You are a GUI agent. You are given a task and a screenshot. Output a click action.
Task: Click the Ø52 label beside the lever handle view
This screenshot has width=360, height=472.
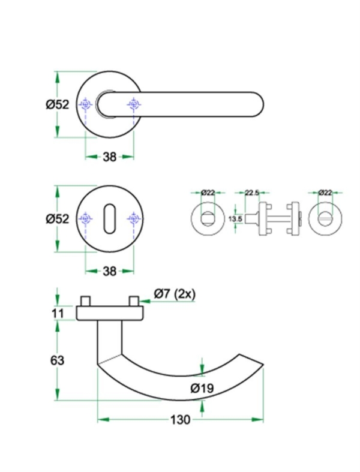click(x=58, y=104)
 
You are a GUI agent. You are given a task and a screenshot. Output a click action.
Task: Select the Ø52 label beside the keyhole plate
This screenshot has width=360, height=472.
click(x=58, y=219)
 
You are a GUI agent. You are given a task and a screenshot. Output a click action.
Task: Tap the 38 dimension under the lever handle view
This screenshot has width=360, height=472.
click(x=109, y=157)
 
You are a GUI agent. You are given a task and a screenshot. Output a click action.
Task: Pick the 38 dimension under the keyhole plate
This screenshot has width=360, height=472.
click(x=109, y=271)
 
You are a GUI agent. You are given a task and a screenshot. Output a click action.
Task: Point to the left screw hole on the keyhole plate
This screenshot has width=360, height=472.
click(x=86, y=220)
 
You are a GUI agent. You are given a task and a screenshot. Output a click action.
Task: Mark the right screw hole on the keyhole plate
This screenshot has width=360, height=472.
click(x=132, y=220)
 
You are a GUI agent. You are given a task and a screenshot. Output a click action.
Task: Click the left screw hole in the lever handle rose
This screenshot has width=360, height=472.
click(x=86, y=105)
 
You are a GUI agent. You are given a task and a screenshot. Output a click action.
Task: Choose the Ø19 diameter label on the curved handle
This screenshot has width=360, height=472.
click(x=202, y=388)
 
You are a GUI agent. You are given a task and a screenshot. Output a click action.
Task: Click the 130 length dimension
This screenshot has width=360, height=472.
click(x=180, y=419)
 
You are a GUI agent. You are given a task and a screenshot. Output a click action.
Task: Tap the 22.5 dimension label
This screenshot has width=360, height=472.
click(x=252, y=193)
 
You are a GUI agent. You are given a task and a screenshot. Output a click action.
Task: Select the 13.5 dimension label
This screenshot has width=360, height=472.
click(x=236, y=220)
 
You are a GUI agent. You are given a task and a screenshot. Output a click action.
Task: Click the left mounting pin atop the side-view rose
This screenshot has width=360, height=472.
click(x=86, y=300)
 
